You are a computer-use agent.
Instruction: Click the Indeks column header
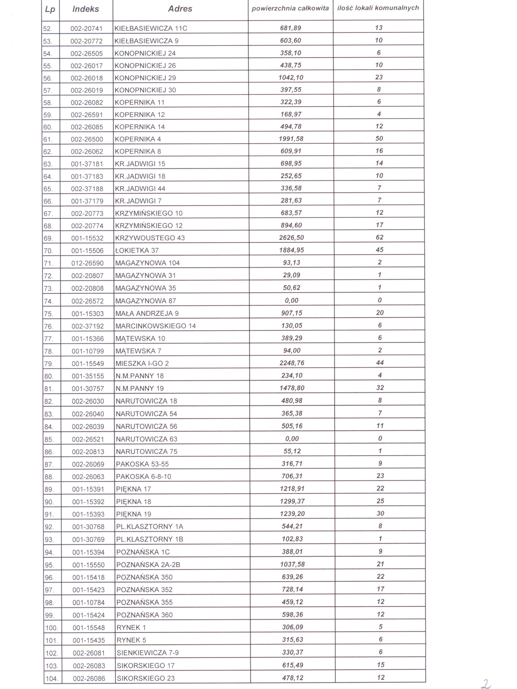click(86, 9)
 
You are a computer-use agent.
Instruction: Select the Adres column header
click(180, 9)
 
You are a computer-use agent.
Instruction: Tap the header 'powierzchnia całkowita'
click(290, 8)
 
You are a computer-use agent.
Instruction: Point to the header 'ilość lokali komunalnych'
click(378, 8)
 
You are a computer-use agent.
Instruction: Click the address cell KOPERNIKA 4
click(138, 139)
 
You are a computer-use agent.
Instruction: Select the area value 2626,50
click(291, 238)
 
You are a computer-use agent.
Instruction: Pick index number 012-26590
click(88, 263)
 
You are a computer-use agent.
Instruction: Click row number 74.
click(48, 301)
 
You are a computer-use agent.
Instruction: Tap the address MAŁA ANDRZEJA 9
click(147, 313)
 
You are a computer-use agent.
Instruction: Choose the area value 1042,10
click(291, 78)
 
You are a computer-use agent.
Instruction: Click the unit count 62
click(379, 237)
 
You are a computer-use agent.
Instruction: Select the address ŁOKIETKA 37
click(137, 250)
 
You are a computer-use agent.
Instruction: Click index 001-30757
click(88, 389)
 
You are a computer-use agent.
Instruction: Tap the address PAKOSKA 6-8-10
click(144, 476)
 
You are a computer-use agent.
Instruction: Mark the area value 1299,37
click(292, 502)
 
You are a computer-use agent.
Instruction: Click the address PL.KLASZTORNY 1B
click(149, 540)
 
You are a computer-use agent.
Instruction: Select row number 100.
click(51, 628)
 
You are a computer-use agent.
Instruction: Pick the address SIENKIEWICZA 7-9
click(148, 653)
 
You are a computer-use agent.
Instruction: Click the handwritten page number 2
click(486, 683)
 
